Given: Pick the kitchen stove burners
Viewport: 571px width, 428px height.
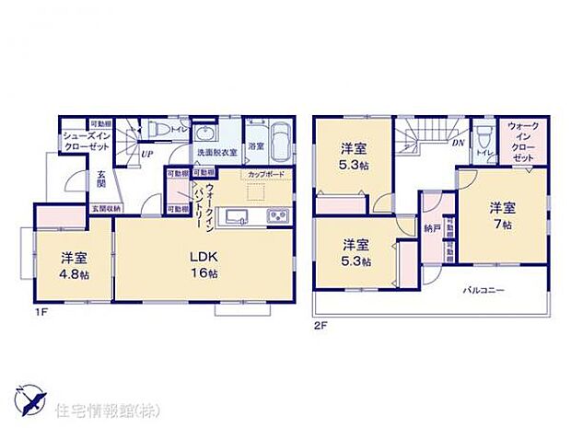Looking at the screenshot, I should [277, 216].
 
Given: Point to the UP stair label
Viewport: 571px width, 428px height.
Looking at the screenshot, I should [146, 154].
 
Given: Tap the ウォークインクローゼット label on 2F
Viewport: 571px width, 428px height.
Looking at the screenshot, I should [521, 143].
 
